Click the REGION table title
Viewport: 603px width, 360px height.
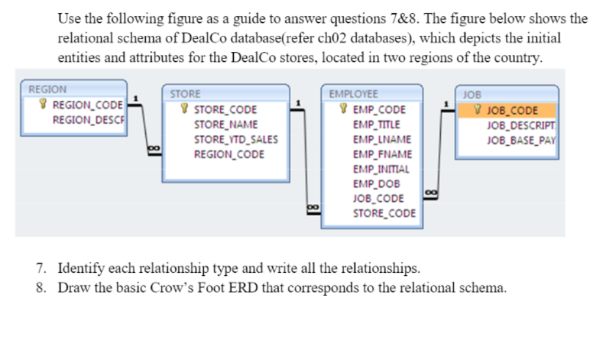coord(48,89)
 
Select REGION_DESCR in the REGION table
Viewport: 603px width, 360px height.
coord(89,119)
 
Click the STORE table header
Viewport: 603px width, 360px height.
coord(186,94)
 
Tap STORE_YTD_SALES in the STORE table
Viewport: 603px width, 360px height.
coord(236,139)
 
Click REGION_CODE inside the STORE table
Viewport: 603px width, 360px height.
coord(229,154)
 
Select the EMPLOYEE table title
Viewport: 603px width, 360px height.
coord(353,94)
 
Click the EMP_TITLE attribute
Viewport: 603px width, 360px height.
coord(376,124)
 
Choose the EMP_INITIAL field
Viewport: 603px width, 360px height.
coord(381,169)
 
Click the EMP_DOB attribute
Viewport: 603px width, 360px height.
coord(376,184)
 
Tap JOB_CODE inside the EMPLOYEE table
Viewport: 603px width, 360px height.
coord(378,199)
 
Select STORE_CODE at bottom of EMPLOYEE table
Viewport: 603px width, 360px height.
coord(384,213)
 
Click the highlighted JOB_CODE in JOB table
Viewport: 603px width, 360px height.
coord(512,110)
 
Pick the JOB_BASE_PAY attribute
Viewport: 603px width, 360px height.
coord(521,139)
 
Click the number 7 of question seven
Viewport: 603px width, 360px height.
coord(41,268)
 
